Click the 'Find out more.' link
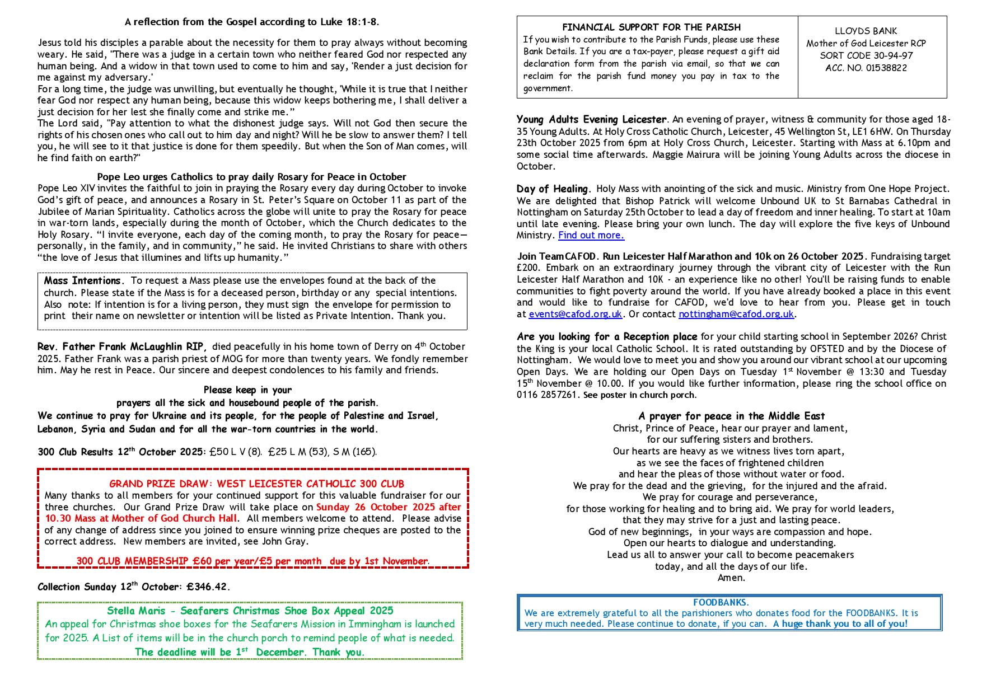click(x=591, y=236)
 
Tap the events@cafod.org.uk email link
click(x=575, y=315)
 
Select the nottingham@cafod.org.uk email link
click(x=736, y=315)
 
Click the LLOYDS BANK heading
click(x=866, y=31)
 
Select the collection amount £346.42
click(x=207, y=587)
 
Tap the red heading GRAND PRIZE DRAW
click(x=256, y=484)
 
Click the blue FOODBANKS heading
click(x=720, y=603)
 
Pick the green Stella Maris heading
click(x=250, y=611)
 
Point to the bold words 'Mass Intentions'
click(x=82, y=281)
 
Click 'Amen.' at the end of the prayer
click(x=731, y=578)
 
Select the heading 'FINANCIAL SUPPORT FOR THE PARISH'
click(x=651, y=27)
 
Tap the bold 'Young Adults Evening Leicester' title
click(x=591, y=120)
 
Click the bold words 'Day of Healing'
click(x=552, y=189)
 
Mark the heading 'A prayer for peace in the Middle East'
click(x=731, y=416)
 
